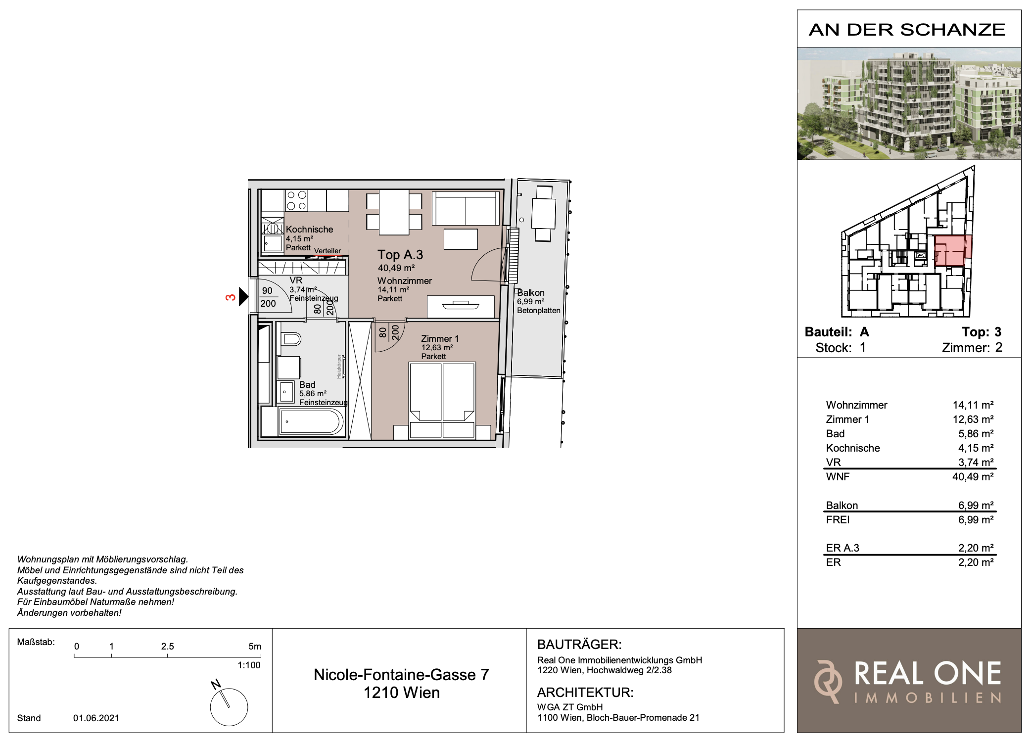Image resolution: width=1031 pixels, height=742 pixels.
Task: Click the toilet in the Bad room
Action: pyautogui.click(x=291, y=339)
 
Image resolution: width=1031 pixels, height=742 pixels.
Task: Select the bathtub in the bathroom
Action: pyautogui.click(x=311, y=422)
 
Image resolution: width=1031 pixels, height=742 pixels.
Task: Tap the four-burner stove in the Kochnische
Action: pyautogui.click(x=296, y=200)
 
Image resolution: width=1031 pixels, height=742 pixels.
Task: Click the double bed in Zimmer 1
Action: pyautogui.click(x=442, y=400)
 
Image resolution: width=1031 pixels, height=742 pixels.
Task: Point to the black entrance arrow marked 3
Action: pyautogui.click(x=243, y=297)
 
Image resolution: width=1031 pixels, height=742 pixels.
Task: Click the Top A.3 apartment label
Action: pyautogui.click(x=400, y=255)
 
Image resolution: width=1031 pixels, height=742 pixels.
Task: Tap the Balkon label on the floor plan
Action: pyautogui.click(x=531, y=293)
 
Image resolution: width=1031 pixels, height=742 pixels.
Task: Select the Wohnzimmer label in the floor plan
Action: pyautogui.click(x=405, y=281)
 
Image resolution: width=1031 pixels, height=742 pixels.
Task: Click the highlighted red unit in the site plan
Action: pyautogui.click(x=952, y=251)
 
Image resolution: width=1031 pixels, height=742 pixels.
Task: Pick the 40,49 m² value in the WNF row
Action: pyautogui.click(x=973, y=477)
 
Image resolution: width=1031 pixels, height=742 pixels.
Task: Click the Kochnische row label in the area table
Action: pyautogui.click(x=853, y=448)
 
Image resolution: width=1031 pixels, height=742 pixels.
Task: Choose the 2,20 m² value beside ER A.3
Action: pyautogui.click(x=976, y=548)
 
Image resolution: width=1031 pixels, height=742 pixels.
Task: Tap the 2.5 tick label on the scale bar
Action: pyautogui.click(x=168, y=647)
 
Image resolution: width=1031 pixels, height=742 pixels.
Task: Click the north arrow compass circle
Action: pyautogui.click(x=229, y=707)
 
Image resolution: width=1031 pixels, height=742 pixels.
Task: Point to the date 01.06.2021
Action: pyautogui.click(x=96, y=718)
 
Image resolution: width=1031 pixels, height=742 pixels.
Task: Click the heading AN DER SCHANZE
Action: pyautogui.click(x=907, y=30)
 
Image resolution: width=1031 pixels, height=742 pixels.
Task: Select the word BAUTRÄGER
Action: pyautogui.click(x=579, y=645)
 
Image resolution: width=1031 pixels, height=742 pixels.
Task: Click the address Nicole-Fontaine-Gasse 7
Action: pyautogui.click(x=401, y=675)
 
